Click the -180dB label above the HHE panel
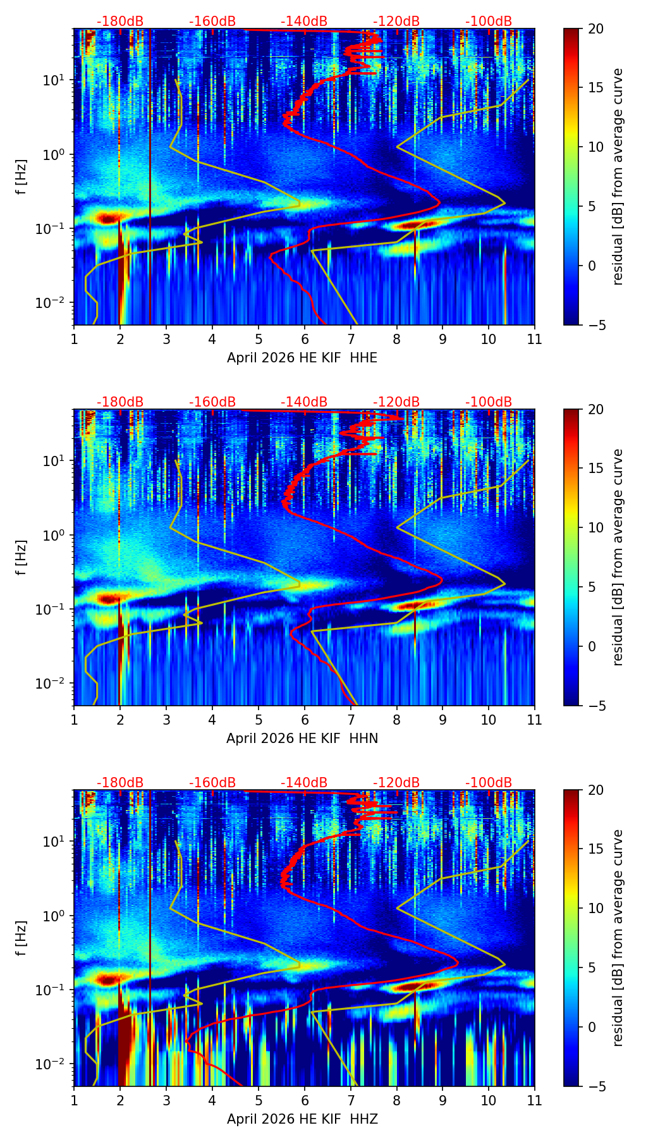point(120,21)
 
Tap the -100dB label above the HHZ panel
point(489,783)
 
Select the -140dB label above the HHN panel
point(304,402)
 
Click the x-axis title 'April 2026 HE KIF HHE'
point(302,358)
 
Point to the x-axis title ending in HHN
point(302,739)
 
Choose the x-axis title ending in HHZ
point(302,1119)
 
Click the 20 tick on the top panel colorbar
point(595,28)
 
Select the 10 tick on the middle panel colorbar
point(595,527)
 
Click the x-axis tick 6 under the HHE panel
point(305,339)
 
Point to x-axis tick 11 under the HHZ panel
point(535,1100)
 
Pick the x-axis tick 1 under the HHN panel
point(74,720)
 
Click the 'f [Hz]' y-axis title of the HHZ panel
point(22,938)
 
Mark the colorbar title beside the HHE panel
point(618,176)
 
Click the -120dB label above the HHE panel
point(396,21)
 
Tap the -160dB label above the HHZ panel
point(212,783)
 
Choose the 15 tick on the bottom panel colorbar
point(595,849)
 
